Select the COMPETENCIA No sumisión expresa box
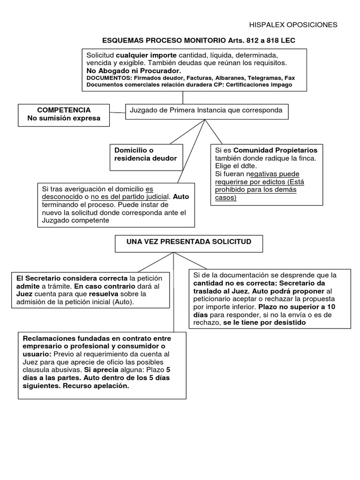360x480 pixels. (x=64, y=114)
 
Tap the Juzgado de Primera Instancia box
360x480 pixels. (x=206, y=111)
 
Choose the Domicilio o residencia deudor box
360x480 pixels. (x=146, y=154)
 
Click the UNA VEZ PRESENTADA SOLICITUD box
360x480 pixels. (x=189, y=242)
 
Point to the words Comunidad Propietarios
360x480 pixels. (x=275, y=150)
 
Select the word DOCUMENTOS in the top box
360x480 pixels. (x=106, y=78)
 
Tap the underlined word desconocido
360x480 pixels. (x=59, y=197)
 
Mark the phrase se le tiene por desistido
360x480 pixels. (x=264, y=322)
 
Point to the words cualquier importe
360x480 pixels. (x=146, y=55)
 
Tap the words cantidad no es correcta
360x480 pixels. (x=232, y=283)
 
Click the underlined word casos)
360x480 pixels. (x=226, y=198)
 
